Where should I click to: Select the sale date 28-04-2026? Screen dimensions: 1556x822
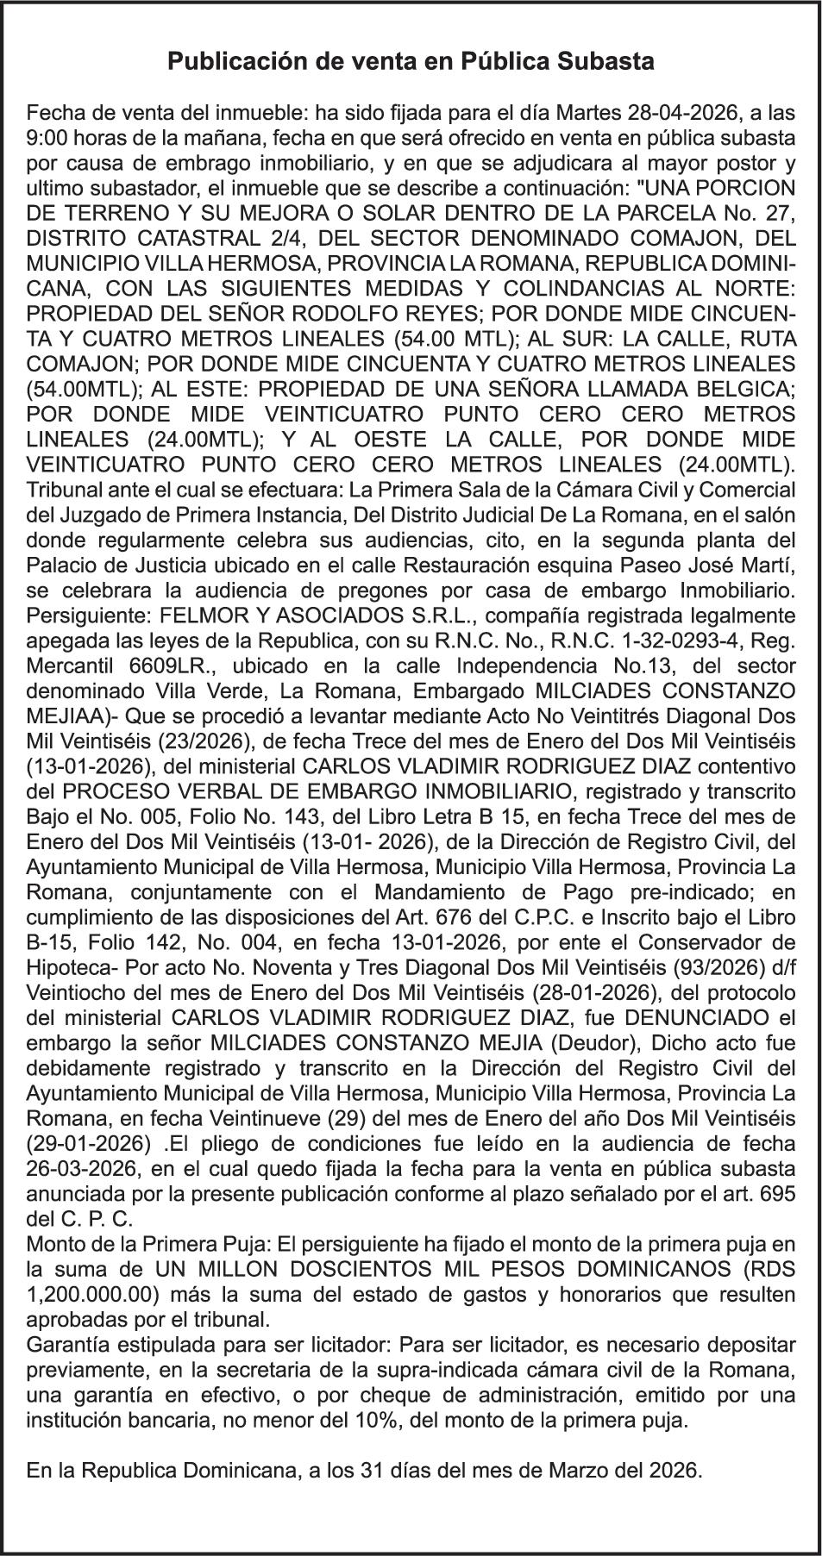pos(674,112)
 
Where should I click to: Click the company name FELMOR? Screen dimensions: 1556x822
pos(168,616)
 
